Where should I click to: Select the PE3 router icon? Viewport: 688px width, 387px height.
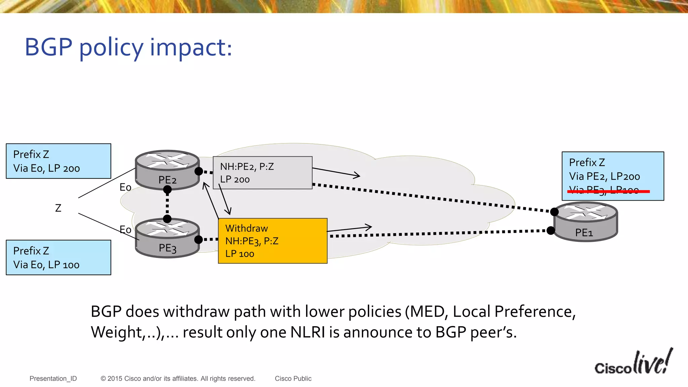tap(167, 238)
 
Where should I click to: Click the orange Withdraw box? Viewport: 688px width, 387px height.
tap(272, 241)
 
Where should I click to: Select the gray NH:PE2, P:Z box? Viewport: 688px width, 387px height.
tap(262, 173)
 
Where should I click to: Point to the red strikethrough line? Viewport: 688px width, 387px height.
tap(608, 191)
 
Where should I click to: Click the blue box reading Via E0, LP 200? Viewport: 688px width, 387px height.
tap(58, 161)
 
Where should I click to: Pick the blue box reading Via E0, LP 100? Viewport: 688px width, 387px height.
tap(58, 258)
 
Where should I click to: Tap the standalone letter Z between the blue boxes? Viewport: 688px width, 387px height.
tap(58, 208)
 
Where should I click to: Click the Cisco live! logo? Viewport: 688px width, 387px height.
tap(634, 363)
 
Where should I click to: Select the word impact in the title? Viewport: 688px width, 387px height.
tap(190, 47)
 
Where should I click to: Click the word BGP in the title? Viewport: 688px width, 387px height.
tap(48, 47)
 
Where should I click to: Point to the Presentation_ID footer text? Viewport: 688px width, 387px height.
tap(53, 379)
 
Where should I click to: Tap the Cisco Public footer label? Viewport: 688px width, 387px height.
tap(293, 379)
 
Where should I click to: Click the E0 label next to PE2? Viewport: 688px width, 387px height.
tap(125, 187)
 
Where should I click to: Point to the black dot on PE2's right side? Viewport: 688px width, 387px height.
tap(199, 171)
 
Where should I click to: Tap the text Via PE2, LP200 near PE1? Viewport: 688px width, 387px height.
tap(604, 176)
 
